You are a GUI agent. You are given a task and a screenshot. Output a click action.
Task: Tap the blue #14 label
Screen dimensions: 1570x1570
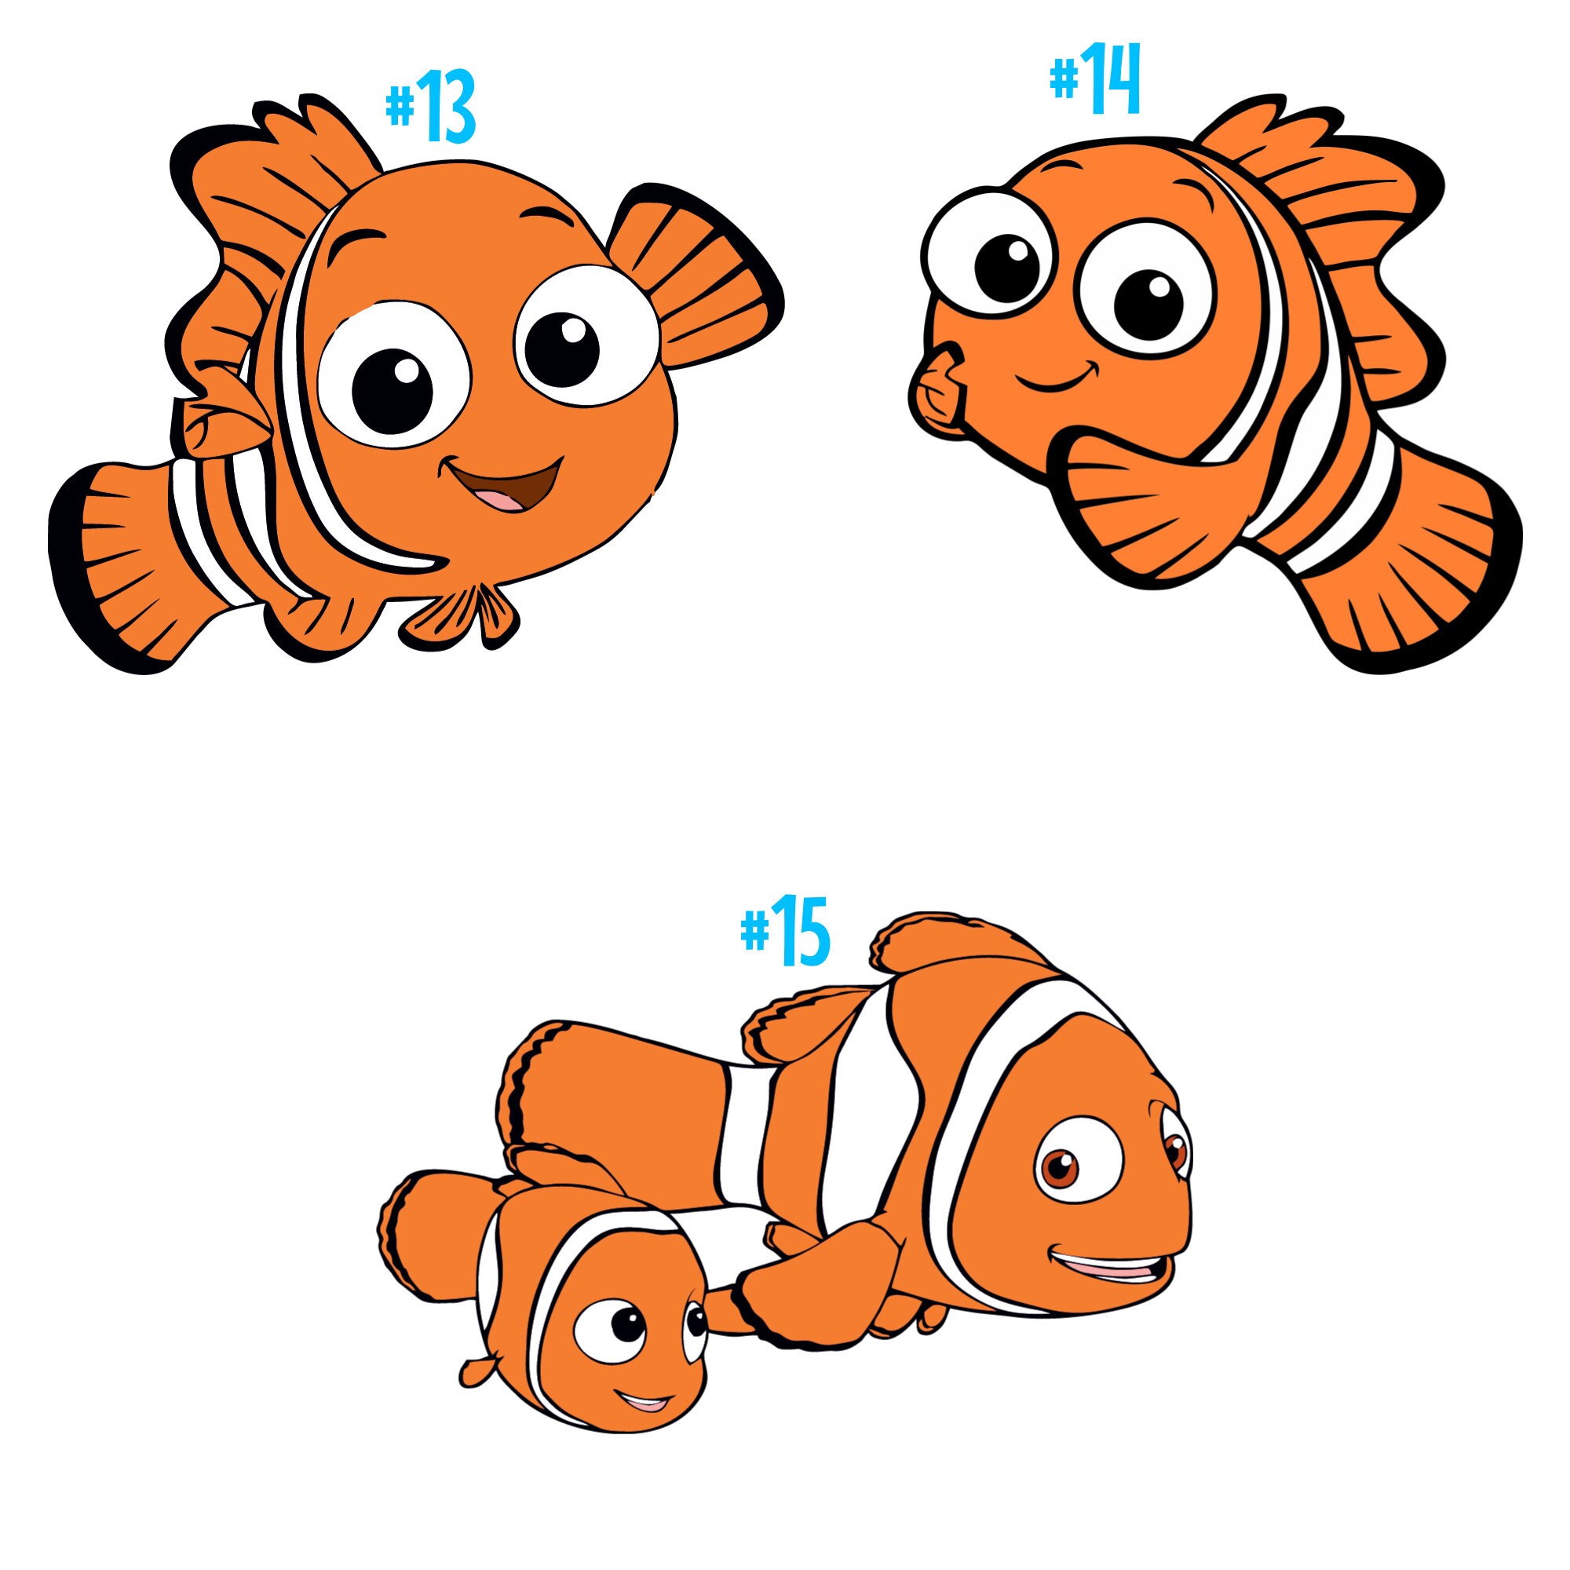pos(1095,78)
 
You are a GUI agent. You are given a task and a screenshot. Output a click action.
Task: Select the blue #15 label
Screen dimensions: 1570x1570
pos(785,931)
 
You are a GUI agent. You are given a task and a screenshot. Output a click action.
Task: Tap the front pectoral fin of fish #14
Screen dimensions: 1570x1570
pos(1137,512)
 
